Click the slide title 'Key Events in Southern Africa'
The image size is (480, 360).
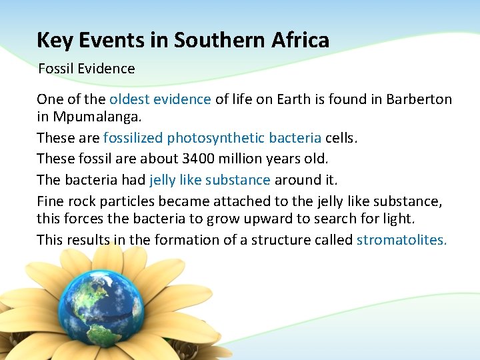pyautogui.click(x=183, y=41)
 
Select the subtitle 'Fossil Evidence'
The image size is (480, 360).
pyautogui.click(x=87, y=69)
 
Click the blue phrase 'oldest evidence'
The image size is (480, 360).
pyautogui.click(x=160, y=99)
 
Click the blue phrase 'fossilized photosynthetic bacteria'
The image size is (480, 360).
pyautogui.click(x=212, y=138)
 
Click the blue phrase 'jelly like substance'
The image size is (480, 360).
pyautogui.click(x=210, y=179)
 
